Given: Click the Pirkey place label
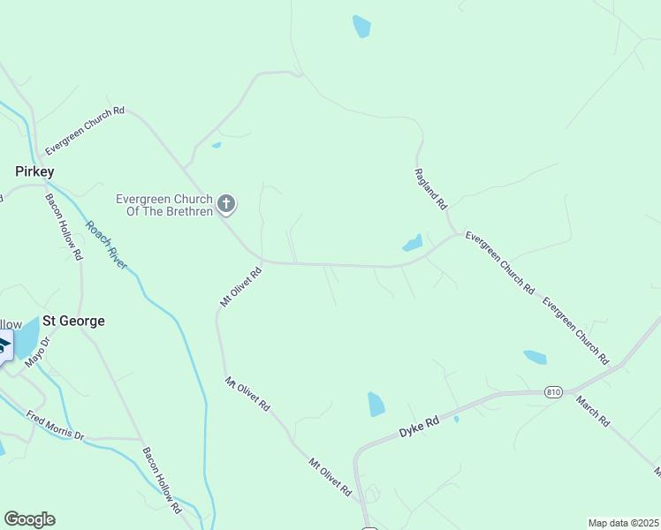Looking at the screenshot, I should tap(34, 170).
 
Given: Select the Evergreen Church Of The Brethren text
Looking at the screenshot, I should tap(165, 205).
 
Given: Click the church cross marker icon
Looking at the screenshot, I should tap(226, 205).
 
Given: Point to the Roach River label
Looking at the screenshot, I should tap(107, 244).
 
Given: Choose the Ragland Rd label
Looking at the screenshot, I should tap(431, 190).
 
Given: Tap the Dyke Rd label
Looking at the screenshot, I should tap(419, 428).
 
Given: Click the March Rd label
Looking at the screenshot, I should tap(593, 411).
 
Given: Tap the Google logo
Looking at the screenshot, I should tap(29, 519).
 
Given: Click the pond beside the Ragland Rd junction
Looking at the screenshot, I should tap(412, 243).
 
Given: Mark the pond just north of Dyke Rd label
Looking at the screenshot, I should tap(376, 404).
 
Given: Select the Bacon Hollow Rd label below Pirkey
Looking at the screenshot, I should tap(65, 226).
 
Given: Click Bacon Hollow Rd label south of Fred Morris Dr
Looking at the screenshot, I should tap(162, 480).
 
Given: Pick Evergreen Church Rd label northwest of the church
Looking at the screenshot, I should tap(85, 130).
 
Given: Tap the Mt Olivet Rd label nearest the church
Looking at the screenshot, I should tap(241, 287).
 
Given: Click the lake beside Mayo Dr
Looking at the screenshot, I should tap(27, 336).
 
